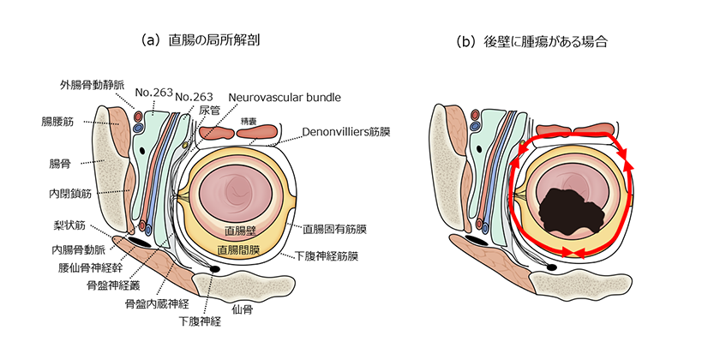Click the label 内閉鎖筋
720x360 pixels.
click(x=65, y=195)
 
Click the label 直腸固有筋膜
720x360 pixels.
click(x=335, y=230)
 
